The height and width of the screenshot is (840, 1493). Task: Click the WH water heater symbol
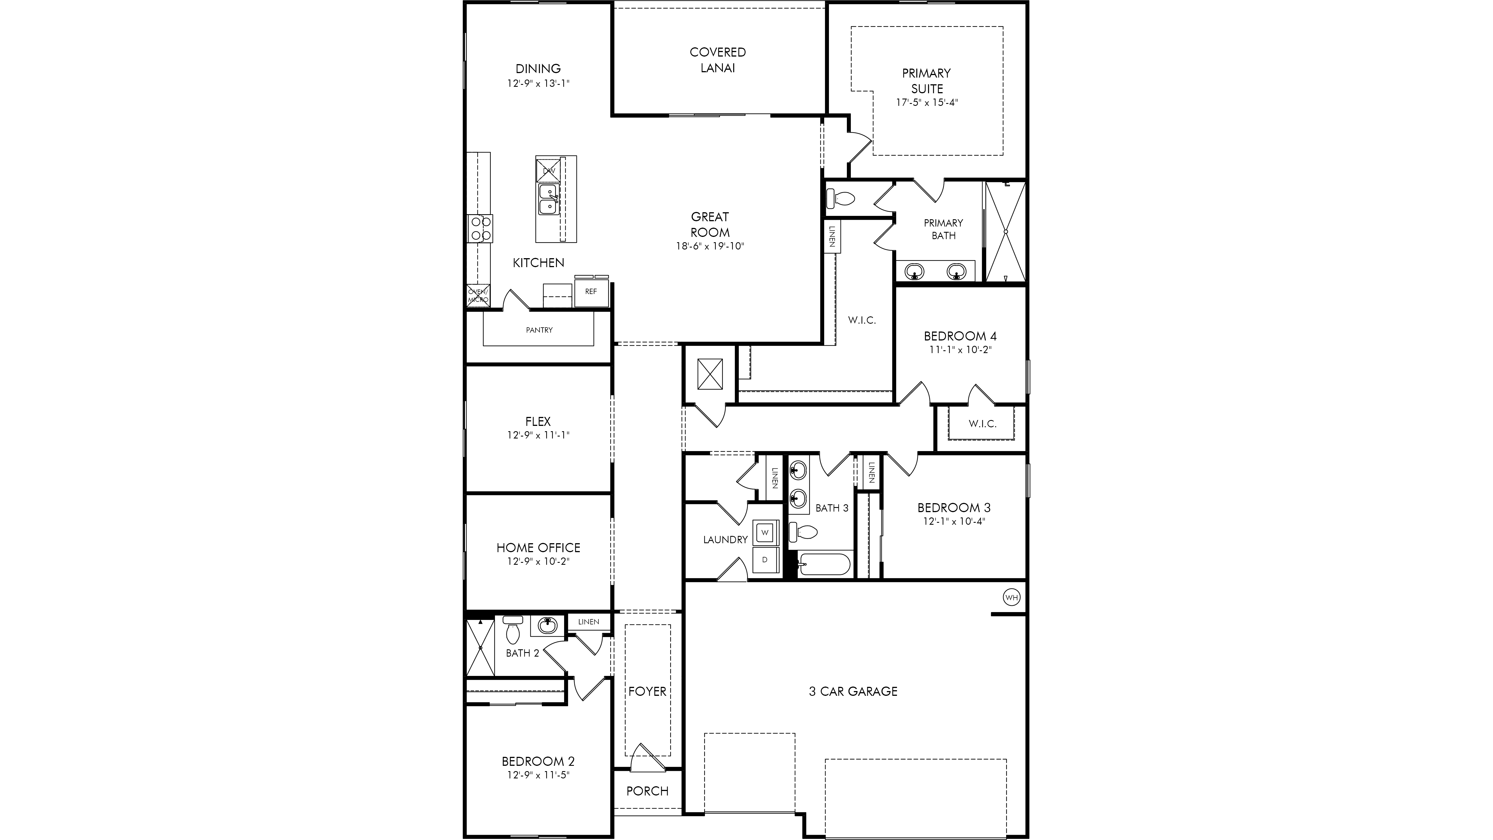tap(1011, 597)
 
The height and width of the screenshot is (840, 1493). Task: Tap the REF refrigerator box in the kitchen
tap(591, 291)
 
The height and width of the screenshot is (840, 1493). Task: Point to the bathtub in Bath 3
tap(824, 564)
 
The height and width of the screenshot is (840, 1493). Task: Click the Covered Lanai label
tap(718, 60)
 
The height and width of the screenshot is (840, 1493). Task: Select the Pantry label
tap(539, 330)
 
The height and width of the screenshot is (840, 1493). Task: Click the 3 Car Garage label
tap(853, 691)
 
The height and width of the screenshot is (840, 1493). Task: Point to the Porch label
tap(647, 791)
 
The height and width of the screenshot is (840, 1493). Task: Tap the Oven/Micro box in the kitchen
tap(478, 296)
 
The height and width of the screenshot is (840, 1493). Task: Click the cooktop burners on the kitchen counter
tap(480, 228)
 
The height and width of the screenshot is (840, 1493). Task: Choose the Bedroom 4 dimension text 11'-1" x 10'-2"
tap(960, 349)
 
